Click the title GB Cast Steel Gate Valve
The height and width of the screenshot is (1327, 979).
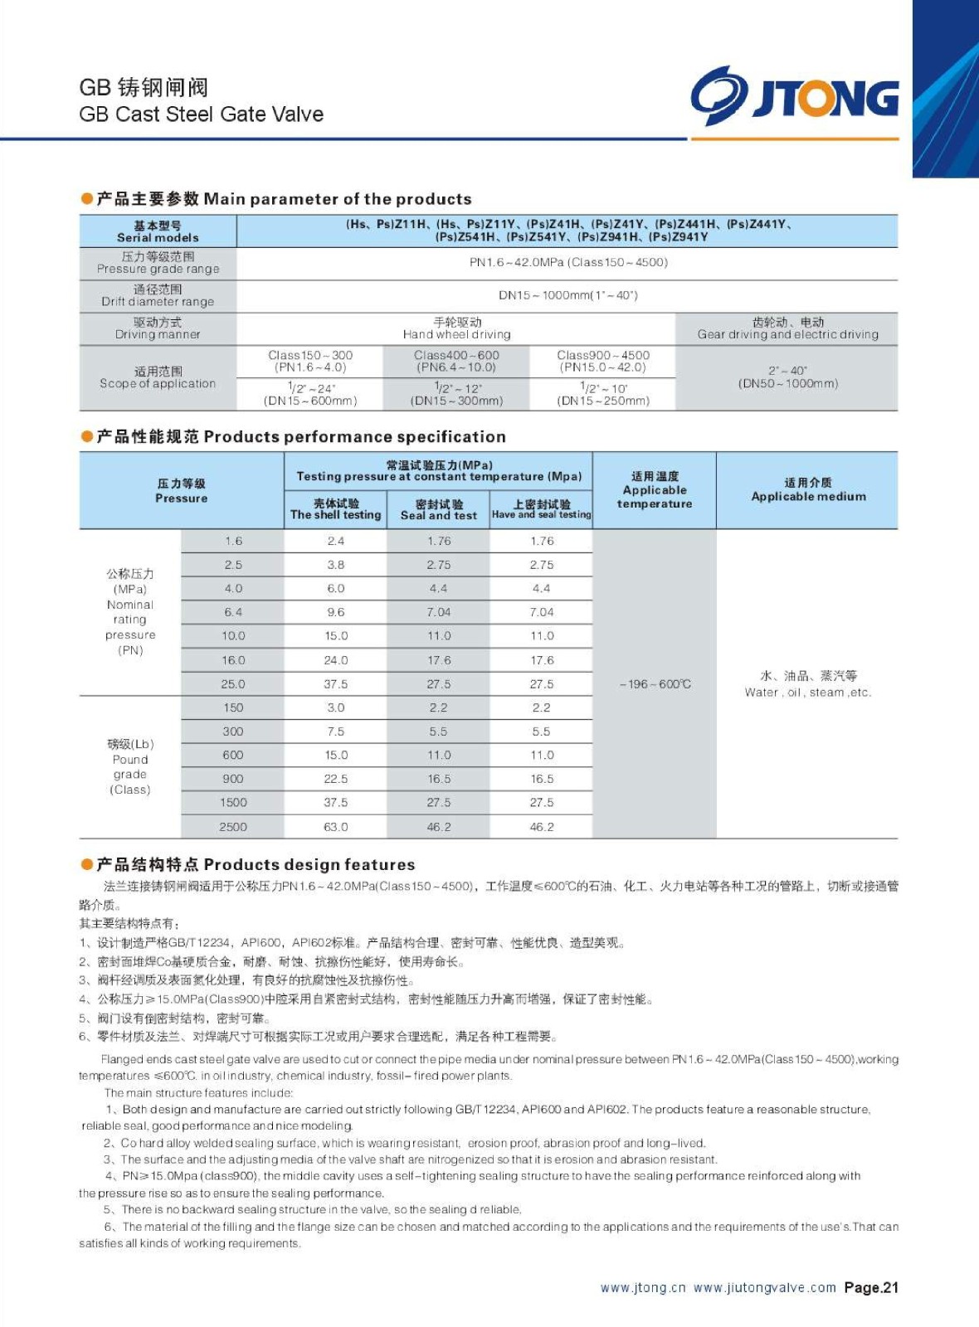[x=201, y=114]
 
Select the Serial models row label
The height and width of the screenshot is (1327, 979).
[x=158, y=231]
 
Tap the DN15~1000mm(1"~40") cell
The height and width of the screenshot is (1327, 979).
[x=567, y=295]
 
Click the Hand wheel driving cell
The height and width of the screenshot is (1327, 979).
[x=456, y=328]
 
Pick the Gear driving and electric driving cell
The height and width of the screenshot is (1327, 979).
[x=787, y=328]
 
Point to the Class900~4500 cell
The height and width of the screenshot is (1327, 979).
[x=602, y=361]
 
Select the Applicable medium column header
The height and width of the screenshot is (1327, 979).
[x=808, y=490]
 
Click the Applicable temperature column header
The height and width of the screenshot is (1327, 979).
[x=655, y=490]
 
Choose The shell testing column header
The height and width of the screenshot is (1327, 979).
[x=335, y=509]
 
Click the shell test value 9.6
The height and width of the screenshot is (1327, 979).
[x=335, y=612]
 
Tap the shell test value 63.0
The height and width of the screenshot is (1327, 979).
[x=335, y=827]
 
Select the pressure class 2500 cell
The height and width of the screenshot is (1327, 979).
[x=233, y=827]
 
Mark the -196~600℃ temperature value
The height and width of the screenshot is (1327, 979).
[x=655, y=684]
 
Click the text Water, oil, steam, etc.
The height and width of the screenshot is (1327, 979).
[x=808, y=693]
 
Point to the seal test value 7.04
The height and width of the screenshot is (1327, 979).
[x=438, y=612]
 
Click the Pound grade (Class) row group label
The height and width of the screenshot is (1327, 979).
[x=130, y=766]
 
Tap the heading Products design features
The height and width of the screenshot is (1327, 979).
[x=309, y=864]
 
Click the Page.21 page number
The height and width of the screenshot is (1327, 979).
[x=871, y=1288]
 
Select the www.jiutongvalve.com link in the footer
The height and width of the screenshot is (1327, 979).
[x=764, y=1288]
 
